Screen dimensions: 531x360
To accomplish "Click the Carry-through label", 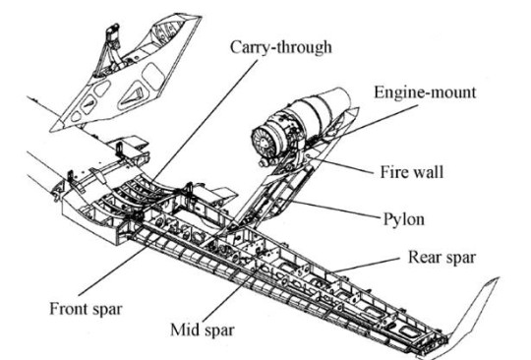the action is (280, 47).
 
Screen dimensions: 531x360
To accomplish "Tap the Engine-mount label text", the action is (425, 92).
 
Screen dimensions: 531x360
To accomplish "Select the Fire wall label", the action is (412, 172).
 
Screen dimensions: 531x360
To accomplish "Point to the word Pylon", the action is (404, 219).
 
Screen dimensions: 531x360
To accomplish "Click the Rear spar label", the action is (442, 257).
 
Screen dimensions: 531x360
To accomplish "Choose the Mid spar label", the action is (203, 330).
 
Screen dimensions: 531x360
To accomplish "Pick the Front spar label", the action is (86, 309).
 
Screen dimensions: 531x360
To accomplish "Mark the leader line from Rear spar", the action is (366, 265).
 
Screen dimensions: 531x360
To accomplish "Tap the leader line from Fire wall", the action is (342, 165).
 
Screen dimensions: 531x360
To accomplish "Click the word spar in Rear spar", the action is (460, 259).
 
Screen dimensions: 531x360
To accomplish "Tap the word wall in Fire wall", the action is (429, 172).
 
